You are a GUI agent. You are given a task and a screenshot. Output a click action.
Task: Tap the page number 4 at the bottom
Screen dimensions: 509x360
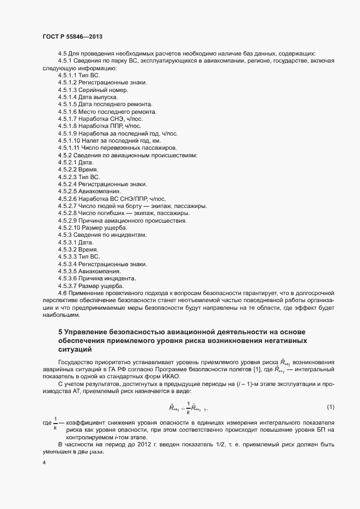(x=43, y=463)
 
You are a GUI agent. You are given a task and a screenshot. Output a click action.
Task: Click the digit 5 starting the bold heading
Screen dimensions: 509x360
(x=60, y=331)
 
